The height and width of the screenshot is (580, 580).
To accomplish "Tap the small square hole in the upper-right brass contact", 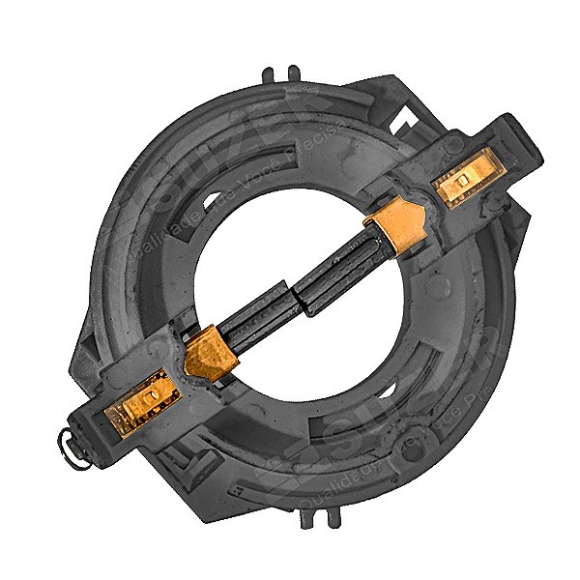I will (465, 180).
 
